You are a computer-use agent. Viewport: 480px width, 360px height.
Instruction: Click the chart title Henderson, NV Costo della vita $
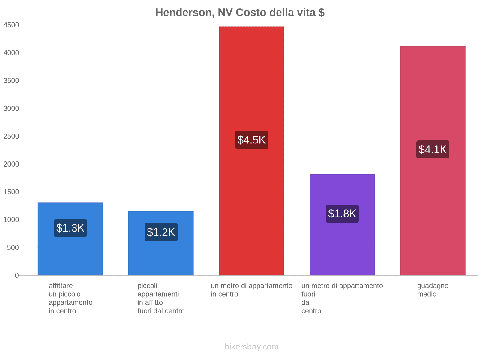click(240, 13)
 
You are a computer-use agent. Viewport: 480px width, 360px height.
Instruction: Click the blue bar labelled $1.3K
click(70, 255)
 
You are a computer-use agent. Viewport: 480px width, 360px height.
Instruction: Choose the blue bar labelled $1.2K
click(161, 258)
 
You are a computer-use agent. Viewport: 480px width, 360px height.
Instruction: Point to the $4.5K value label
click(251, 140)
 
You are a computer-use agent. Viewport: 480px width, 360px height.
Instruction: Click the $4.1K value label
click(433, 149)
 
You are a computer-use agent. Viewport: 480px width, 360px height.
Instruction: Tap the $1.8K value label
click(342, 214)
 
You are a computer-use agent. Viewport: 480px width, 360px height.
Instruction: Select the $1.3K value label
click(70, 228)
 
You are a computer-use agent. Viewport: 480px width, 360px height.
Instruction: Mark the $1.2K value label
click(161, 232)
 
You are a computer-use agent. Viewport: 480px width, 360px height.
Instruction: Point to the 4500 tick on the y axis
click(11, 25)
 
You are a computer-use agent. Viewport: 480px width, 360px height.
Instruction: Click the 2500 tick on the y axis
click(11, 136)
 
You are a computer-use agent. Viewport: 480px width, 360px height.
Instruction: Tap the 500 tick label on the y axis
click(13, 248)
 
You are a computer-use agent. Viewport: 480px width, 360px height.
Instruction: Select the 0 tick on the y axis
click(17, 275)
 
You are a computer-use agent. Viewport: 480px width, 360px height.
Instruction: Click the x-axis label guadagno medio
click(433, 290)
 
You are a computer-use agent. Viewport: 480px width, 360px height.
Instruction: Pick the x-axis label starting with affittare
click(70, 298)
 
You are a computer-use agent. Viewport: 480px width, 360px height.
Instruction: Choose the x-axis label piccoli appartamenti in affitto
click(161, 298)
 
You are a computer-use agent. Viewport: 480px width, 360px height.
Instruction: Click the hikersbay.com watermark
click(251, 347)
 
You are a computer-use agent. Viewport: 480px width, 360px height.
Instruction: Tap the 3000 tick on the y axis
click(11, 109)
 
